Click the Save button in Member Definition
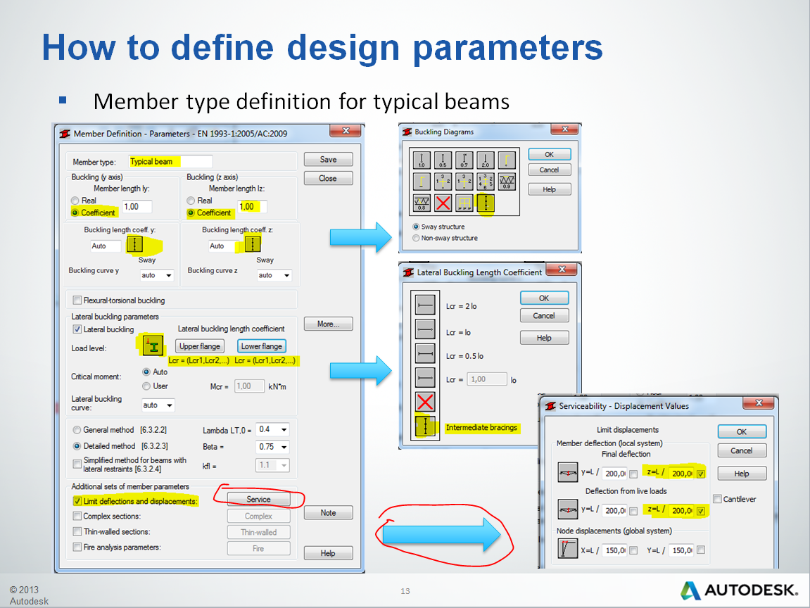click(328, 159)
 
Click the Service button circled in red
click(258, 499)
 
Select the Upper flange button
click(200, 346)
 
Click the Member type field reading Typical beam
click(170, 162)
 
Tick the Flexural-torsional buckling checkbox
click(77, 300)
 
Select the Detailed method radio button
click(77, 446)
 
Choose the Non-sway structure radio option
click(416, 238)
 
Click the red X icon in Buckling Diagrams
click(443, 204)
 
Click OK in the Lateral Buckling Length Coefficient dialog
click(543, 298)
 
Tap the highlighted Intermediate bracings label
click(481, 427)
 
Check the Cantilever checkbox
click(717, 499)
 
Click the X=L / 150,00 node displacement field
click(614, 550)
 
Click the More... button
click(328, 324)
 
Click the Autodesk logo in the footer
click(740, 590)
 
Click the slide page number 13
click(405, 590)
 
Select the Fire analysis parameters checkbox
click(77, 547)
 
